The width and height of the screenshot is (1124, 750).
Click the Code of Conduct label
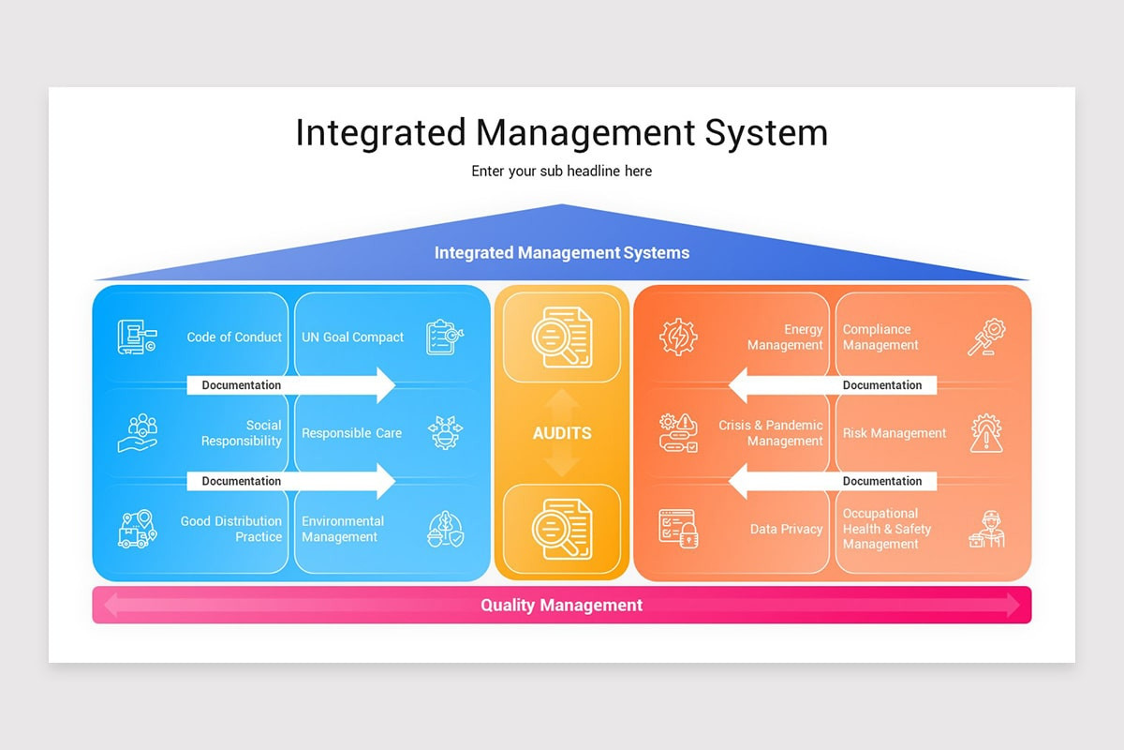pos(234,337)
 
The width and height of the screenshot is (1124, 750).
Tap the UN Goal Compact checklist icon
pos(445,337)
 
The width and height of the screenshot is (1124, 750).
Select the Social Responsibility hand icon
pos(137,433)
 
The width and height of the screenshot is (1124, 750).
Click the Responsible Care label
pos(351,433)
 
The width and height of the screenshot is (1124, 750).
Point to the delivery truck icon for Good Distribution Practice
pos(137,530)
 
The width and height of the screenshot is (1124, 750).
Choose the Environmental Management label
pos(343,529)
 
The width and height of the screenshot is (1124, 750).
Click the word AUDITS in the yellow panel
pos(562,433)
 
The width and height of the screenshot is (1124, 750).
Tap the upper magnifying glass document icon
pos(562,337)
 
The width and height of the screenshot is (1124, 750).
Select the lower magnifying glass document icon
pos(562,529)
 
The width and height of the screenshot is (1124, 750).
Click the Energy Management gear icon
pos(678,337)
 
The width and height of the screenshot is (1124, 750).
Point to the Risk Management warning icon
pos(986,433)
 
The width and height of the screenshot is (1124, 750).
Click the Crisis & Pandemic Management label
pos(770,433)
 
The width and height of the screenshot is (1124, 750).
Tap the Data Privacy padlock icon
pos(678,530)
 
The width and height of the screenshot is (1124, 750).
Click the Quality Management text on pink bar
pos(562,606)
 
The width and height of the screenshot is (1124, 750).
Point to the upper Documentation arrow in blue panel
pos(290,385)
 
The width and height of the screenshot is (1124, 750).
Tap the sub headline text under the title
pos(562,172)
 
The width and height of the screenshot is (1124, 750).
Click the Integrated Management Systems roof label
pos(562,253)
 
